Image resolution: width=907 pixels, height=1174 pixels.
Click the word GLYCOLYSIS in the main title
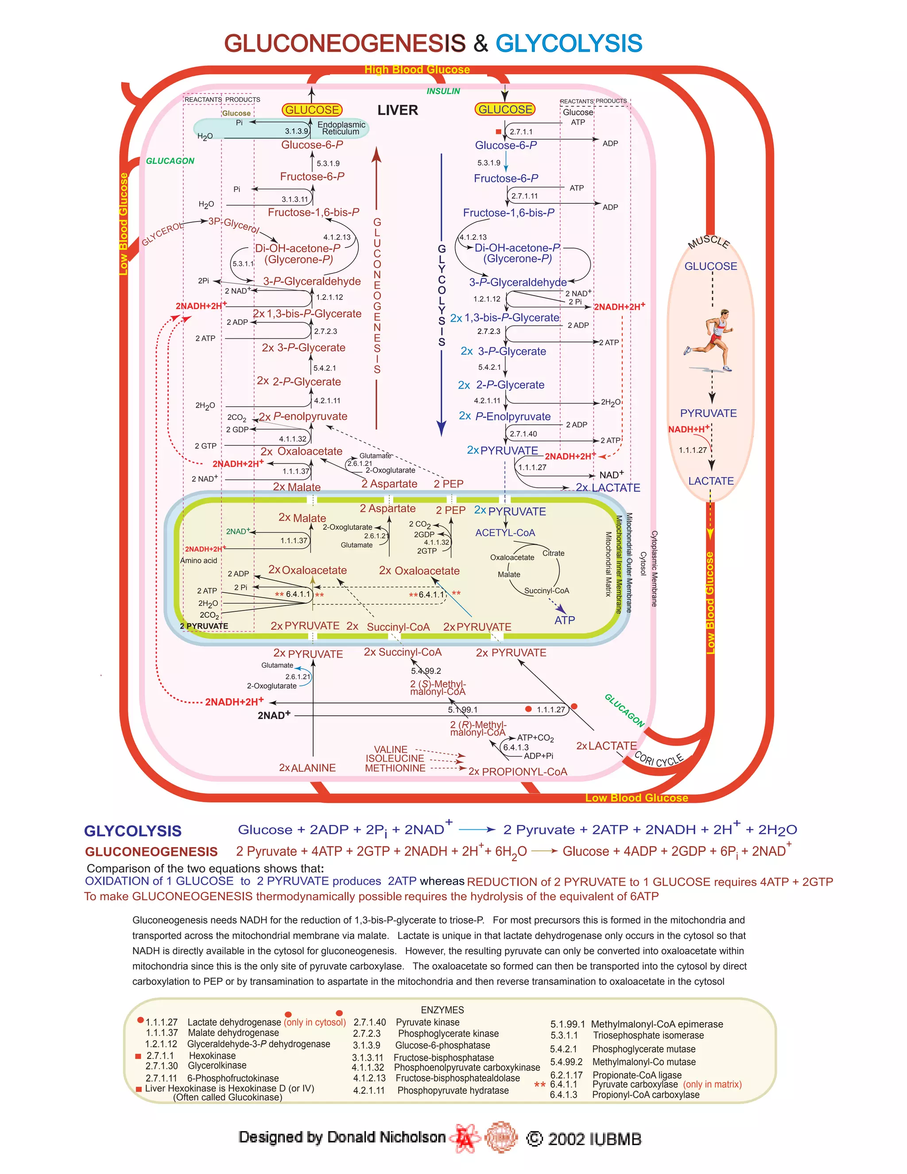click(569, 43)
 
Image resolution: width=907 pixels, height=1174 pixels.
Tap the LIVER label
click(397, 110)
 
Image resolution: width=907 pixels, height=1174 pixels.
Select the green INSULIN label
click(443, 91)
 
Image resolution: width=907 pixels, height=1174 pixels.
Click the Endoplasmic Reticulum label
click(341, 128)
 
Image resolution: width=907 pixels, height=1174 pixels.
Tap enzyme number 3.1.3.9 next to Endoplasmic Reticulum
click(296, 131)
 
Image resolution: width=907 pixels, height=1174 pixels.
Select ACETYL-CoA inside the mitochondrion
click(505, 533)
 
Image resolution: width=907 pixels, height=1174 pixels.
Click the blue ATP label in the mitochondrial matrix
click(564, 620)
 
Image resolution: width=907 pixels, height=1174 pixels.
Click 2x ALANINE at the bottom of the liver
click(307, 768)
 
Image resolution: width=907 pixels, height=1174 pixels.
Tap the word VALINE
click(391, 749)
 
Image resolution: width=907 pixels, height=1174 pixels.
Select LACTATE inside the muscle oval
click(711, 481)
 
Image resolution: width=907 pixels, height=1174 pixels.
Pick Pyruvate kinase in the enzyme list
click(427, 1022)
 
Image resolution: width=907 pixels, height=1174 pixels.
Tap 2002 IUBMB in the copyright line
click(594, 1139)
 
